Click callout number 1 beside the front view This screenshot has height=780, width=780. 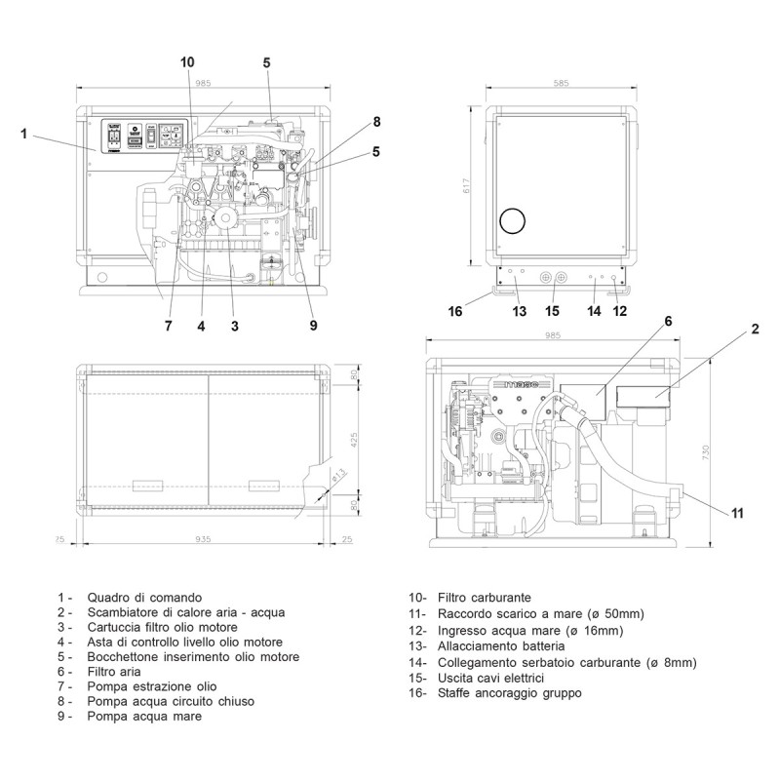pyautogui.click(x=24, y=135)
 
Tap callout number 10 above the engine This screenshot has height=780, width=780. pyautogui.click(x=188, y=61)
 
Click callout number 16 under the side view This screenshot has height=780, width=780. pyautogui.click(x=454, y=312)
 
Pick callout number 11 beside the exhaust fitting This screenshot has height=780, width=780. pyautogui.click(x=737, y=510)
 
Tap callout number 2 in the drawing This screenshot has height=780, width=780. pyautogui.click(x=755, y=331)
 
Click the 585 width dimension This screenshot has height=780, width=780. pyautogui.click(x=561, y=84)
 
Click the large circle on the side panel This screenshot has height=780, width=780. pyautogui.click(x=512, y=221)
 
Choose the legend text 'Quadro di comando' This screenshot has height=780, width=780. pyautogui.click(x=144, y=597)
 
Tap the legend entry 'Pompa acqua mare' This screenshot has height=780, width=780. pyautogui.click(x=142, y=717)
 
